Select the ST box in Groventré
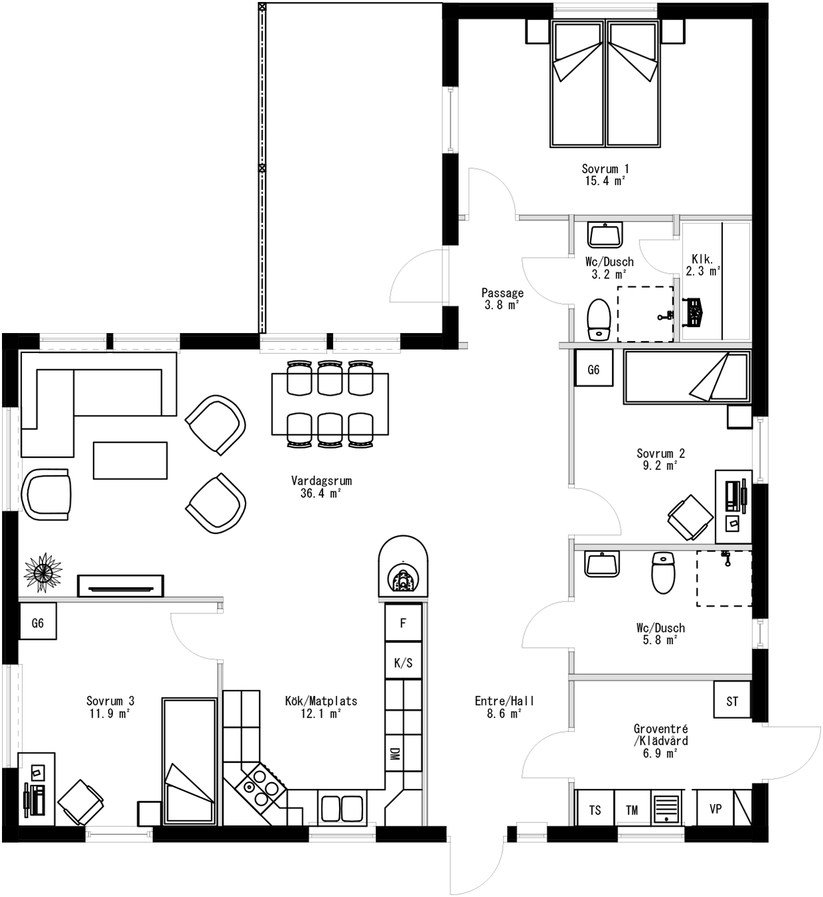pos(732,700)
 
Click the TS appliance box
pos(595,809)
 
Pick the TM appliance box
pos(632,809)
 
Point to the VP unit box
pos(716,808)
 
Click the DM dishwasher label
pos(394,754)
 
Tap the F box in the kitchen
pos(403,623)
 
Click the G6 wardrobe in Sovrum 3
pos(37,622)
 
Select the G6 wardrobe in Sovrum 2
pos(593,368)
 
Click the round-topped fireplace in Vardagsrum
pos(403,567)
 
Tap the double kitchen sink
pos(342,808)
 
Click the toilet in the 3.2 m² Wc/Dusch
pos(599,320)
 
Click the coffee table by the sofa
pos(130,460)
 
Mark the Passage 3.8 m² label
pos(502,298)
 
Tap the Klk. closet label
pos(702,264)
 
